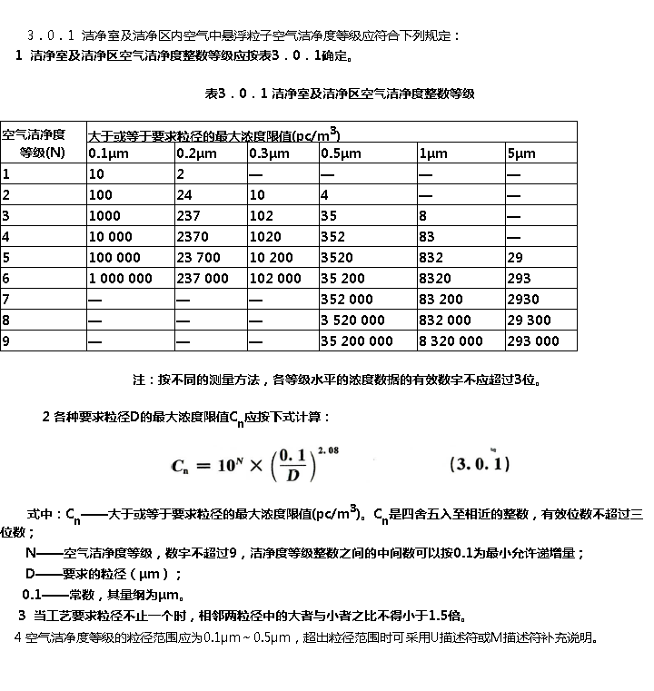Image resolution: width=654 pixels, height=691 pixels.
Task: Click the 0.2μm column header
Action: pos(195,153)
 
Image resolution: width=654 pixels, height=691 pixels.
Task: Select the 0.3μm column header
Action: pos(268,153)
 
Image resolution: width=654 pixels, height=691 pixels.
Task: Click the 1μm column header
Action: pos(433,153)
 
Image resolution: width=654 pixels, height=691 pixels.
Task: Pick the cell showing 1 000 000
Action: pos(121,278)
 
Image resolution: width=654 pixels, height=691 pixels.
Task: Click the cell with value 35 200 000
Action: pos(357,341)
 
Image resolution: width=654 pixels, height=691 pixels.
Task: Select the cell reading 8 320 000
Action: pos(451,341)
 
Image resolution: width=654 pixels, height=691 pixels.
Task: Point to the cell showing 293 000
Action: pos(533,341)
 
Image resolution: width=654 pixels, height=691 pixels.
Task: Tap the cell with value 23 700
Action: pos(198,257)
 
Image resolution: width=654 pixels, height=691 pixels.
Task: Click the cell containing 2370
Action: pos(193,236)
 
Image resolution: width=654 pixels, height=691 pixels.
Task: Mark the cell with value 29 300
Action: pos(529,320)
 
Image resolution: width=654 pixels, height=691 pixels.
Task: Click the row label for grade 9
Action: pos(6,341)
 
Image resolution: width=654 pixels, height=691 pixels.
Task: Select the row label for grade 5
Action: pos(6,257)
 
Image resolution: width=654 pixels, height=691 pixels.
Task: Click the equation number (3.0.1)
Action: pos(481,464)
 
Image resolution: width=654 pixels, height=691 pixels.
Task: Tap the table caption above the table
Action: pos(340,94)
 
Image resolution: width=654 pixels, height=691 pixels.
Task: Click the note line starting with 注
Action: pos(339,380)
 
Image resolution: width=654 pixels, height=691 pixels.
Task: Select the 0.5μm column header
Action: pos(338,153)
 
